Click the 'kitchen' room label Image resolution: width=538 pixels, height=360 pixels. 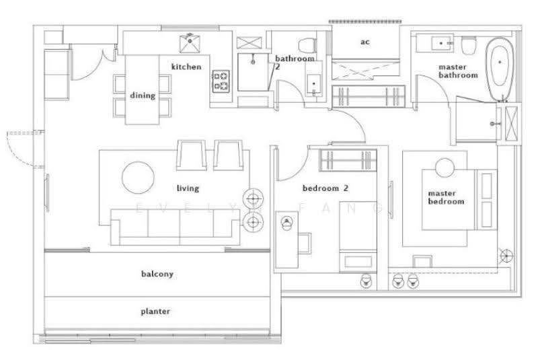(186, 67)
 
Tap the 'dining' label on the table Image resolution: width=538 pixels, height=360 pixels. (143, 96)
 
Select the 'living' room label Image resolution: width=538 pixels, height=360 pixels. (188, 188)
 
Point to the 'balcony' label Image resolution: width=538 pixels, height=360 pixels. (157, 274)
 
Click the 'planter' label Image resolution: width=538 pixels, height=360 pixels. (155, 312)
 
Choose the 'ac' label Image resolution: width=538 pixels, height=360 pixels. (365, 42)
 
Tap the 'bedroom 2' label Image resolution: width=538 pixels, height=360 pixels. (325, 188)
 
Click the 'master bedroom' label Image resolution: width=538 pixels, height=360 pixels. (446, 197)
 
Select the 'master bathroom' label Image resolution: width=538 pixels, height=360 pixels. (458, 71)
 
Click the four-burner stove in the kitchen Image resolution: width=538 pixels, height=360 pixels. (221, 81)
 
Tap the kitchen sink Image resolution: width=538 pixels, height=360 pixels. (190, 43)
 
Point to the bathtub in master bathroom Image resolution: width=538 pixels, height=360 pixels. (500, 68)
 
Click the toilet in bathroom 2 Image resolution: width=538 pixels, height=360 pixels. (308, 45)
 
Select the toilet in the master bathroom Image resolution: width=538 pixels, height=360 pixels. (469, 45)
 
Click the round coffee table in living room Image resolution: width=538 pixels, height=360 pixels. (138, 178)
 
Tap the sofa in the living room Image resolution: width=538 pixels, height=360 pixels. (175, 227)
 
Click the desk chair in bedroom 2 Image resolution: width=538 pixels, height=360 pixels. (305, 243)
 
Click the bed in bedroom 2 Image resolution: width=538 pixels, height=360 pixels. (358, 237)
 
